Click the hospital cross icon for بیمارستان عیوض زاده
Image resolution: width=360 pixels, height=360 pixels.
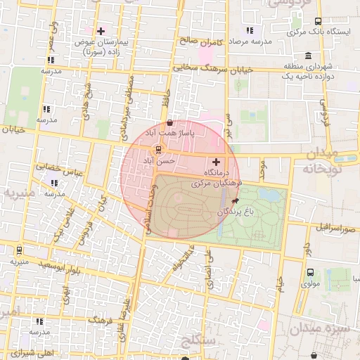101,31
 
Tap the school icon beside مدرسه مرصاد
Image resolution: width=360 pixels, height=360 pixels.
249,30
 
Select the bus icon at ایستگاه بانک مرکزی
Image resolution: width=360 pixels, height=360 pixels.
318,21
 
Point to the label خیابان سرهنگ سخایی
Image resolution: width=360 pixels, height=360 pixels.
212,68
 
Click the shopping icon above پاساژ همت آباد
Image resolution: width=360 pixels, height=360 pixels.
170,122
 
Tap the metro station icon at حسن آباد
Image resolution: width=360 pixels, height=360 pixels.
159,149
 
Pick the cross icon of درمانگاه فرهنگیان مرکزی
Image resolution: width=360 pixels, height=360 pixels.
216,162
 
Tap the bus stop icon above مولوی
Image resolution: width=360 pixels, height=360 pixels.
310,272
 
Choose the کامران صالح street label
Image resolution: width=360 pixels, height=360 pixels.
200,42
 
